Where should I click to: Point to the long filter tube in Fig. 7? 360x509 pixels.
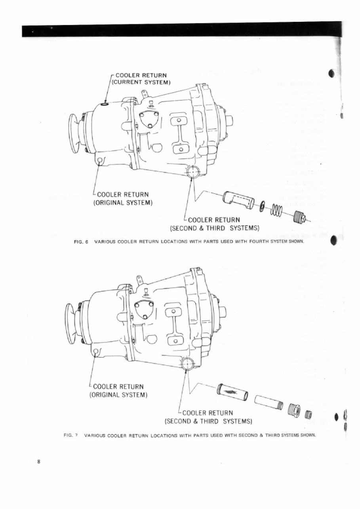(x=232, y=392)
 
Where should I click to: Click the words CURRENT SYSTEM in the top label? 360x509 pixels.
(x=141, y=82)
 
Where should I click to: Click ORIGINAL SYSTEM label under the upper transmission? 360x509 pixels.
(x=123, y=203)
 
